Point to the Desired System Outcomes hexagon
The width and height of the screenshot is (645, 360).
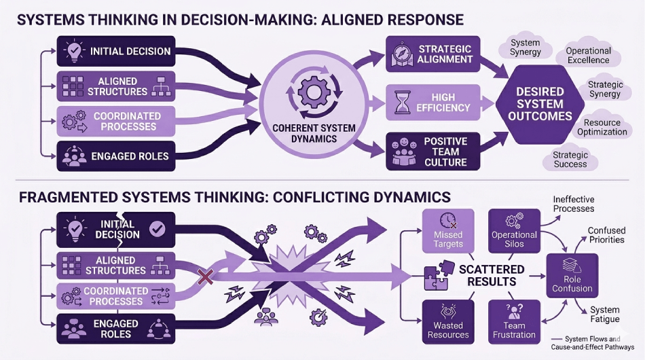click(x=540, y=104)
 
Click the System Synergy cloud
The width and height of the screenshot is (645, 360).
click(x=526, y=48)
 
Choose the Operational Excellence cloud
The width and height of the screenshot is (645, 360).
click(x=588, y=55)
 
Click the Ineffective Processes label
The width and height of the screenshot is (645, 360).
click(x=574, y=204)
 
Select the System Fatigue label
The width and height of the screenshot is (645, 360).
click(x=604, y=314)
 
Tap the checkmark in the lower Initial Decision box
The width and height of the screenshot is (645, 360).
click(x=157, y=230)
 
